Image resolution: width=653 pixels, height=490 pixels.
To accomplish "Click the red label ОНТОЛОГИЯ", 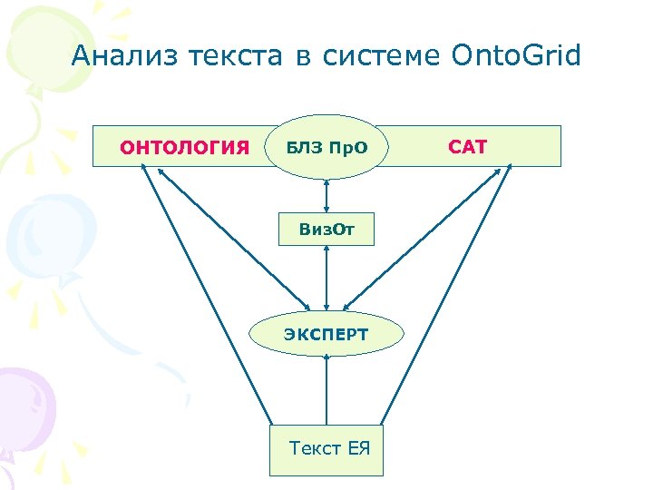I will pyautogui.click(x=186, y=147).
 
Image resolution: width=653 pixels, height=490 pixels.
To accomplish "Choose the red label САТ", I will pyautogui.click(x=468, y=146).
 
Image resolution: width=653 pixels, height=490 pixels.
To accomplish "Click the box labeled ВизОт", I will pyautogui.click(x=326, y=230).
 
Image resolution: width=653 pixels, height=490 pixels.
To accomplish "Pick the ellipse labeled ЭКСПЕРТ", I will pyautogui.click(x=326, y=334).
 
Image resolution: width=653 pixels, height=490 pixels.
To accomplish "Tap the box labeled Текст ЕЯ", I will pyautogui.click(x=327, y=447).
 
